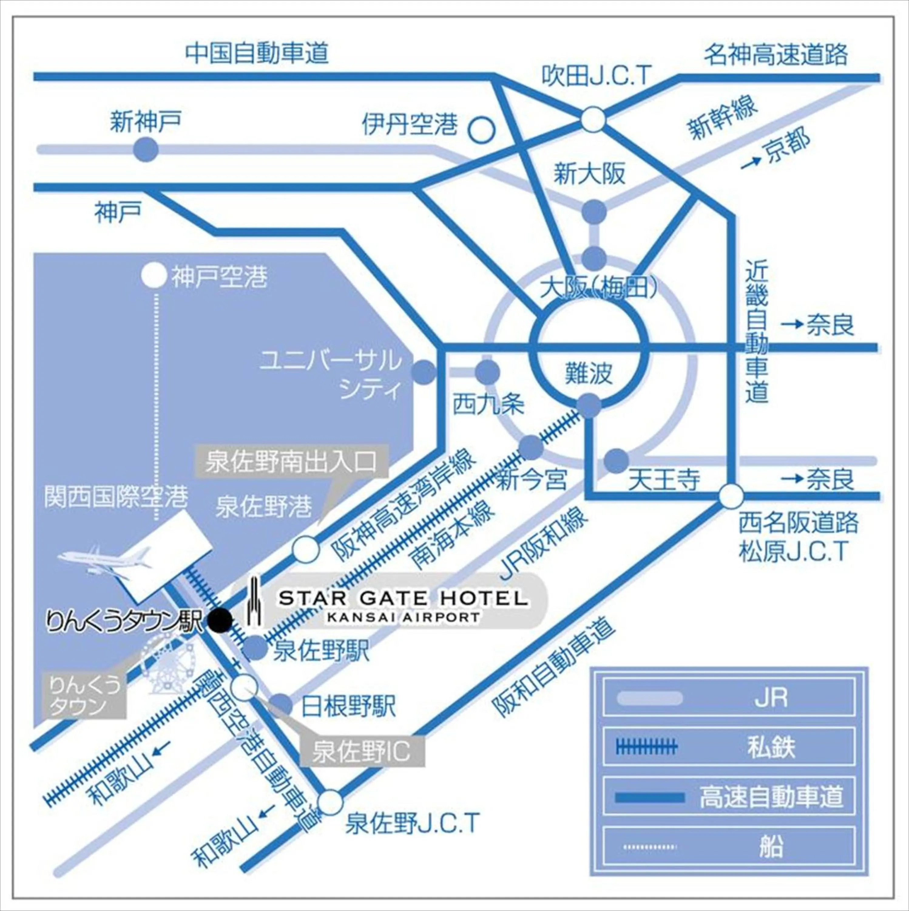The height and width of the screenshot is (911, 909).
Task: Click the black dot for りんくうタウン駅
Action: pos(220,620)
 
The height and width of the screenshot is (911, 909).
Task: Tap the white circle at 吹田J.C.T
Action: pos(592,119)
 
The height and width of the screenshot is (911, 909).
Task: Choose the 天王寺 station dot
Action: pos(616,461)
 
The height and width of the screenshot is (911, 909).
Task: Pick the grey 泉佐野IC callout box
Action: pos(362,752)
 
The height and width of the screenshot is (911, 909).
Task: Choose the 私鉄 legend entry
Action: pos(728,747)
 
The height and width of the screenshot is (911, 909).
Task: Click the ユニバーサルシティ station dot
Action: pos(423,372)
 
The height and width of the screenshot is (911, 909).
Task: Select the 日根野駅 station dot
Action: pos(282,705)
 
